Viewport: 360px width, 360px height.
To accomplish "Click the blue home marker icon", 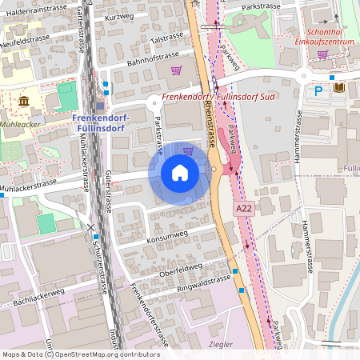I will coord(179,172).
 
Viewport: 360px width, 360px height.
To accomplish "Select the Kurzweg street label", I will coord(119,17).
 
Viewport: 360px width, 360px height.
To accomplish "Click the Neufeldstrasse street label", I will coord(26,39).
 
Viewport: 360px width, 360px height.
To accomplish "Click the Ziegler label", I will coord(219,344).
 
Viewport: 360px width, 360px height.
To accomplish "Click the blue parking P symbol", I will coord(318,91).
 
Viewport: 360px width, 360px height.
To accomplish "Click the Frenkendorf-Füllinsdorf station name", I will coord(99,123).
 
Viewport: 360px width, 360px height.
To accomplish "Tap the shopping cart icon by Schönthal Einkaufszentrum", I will coord(322,54).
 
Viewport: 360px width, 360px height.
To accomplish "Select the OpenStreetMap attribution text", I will coord(81,354).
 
